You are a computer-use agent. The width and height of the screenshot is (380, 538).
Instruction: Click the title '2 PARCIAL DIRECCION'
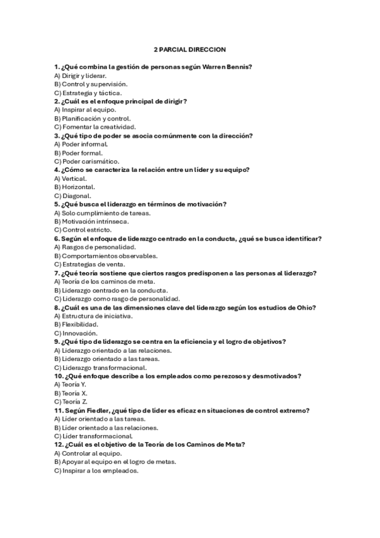[190, 49]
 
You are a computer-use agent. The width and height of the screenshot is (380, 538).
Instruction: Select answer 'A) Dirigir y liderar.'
[80, 75]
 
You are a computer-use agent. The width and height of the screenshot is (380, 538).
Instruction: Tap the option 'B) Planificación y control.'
[93, 119]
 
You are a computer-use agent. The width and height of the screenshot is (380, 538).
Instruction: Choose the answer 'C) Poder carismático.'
[86, 162]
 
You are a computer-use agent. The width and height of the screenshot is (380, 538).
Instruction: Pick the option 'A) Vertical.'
[70, 179]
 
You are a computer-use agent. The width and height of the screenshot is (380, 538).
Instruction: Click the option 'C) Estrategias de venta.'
[89, 265]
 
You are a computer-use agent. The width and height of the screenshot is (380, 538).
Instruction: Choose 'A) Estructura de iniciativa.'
[93, 316]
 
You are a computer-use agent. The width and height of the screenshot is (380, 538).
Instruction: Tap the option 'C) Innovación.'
[75, 333]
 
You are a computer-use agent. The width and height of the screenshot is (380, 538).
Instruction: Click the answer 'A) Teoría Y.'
[70, 384]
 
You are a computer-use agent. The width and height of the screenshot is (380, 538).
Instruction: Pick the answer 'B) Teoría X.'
[70, 393]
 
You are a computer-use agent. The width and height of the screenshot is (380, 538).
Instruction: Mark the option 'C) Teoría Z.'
[70, 402]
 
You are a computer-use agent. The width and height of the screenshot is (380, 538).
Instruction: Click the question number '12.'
[58, 445]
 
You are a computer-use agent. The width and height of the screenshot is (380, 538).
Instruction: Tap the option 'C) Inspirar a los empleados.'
[96, 471]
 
